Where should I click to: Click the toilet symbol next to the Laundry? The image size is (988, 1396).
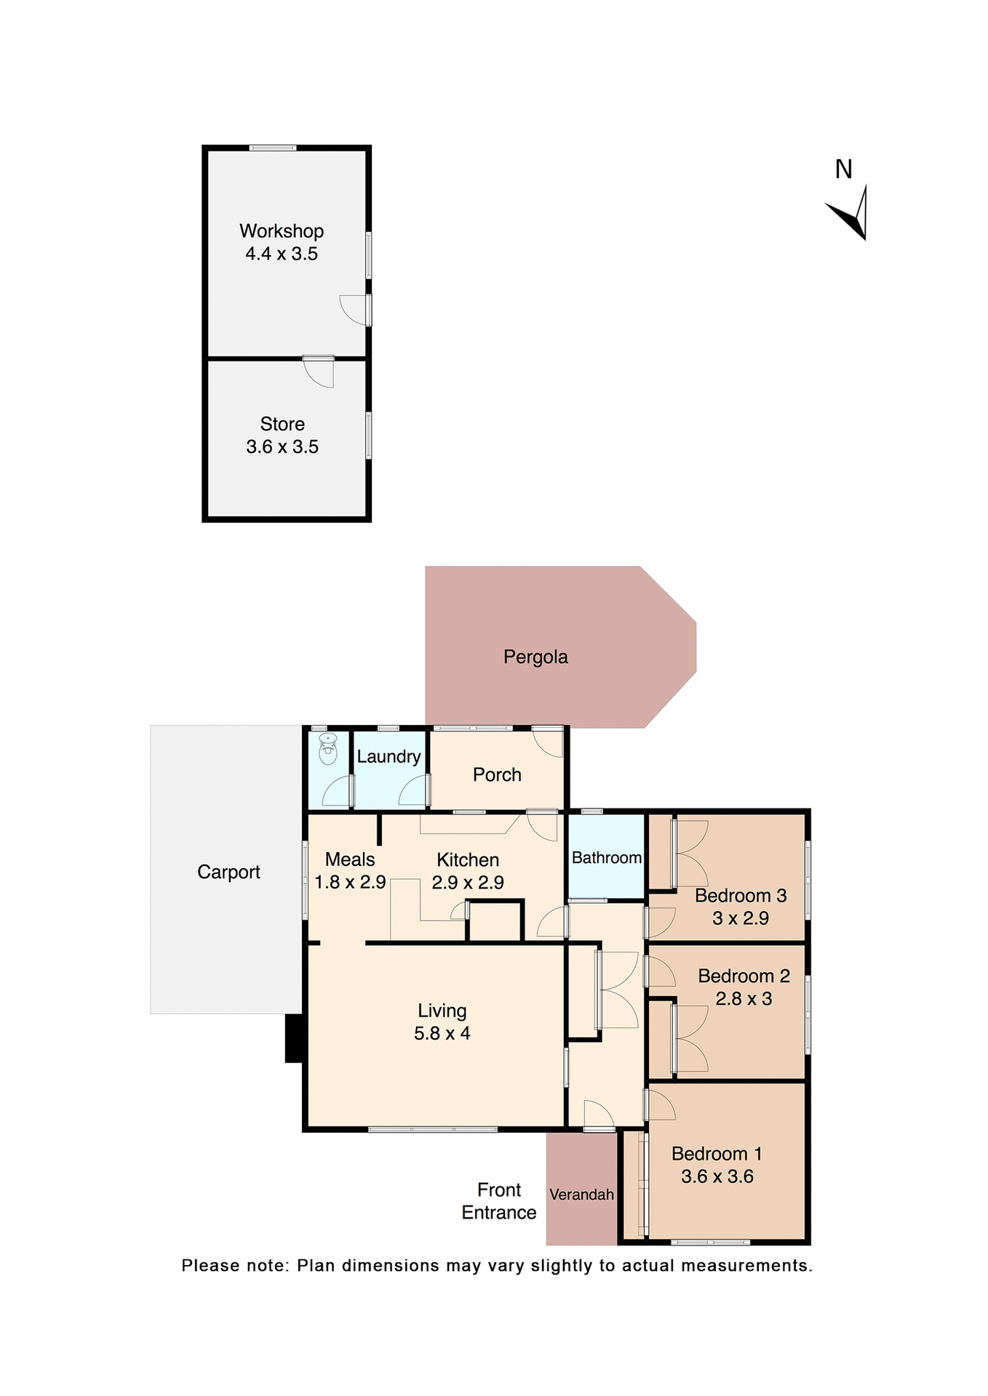click(328, 750)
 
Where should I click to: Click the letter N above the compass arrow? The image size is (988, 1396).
click(843, 169)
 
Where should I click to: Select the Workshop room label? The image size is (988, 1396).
click(282, 231)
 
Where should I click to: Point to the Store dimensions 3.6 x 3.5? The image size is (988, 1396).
click(282, 446)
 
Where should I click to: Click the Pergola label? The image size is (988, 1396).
click(535, 657)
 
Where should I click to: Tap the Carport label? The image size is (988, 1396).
click(228, 872)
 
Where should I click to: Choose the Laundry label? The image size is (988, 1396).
click(389, 757)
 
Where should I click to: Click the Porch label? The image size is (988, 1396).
click(497, 775)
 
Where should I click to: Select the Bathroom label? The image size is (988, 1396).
click(606, 858)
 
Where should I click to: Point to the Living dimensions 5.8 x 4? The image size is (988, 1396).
click(442, 1033)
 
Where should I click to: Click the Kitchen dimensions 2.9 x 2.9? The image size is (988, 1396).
click(468, 883)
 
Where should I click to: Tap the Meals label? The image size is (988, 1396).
click(350, 859)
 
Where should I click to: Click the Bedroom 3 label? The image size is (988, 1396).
click(741, 896)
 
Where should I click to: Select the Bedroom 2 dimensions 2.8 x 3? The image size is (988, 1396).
click(744, 999)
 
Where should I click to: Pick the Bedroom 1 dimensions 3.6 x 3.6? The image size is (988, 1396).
click(717, 1176)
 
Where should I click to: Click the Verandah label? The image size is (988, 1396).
click(581, 1195)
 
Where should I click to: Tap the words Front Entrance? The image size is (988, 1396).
click(499, 1201)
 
